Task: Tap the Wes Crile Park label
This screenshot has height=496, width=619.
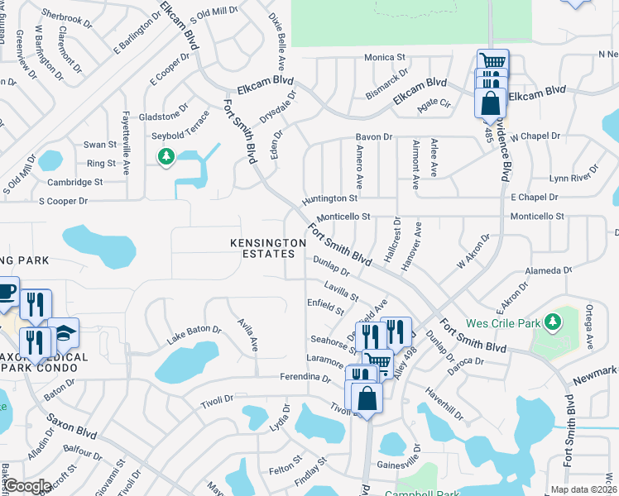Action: [501, 322]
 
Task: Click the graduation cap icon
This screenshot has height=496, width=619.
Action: [63, 333]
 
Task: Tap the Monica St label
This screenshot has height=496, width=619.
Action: [385, 58]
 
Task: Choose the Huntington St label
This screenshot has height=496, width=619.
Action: [330, 198]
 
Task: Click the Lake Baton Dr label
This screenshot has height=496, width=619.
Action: [194, 334]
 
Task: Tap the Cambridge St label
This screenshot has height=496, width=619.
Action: [75, 182]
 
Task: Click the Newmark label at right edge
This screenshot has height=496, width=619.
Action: [596, 372]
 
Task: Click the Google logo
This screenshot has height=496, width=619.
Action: [27, 486]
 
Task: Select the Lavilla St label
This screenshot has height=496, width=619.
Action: [341, 291]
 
